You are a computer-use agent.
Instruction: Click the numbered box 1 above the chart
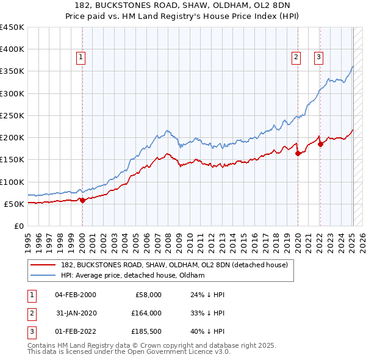click(x=81, y=58)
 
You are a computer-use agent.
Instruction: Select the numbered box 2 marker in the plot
click(x=296, y=58)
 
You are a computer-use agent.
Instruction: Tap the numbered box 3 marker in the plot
click(x=318, y=58)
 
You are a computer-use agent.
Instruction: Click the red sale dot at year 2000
click(x=82, y=200)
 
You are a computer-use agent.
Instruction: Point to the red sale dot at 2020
click(x=298, y=154)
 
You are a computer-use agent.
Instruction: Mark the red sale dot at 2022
click(x=320, y=145)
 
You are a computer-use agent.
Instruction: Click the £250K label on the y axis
click(x=13, y=115)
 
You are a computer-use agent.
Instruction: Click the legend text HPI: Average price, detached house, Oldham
click(x=132, y=275)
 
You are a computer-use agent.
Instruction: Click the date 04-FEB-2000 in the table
click(x=75, y=295)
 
